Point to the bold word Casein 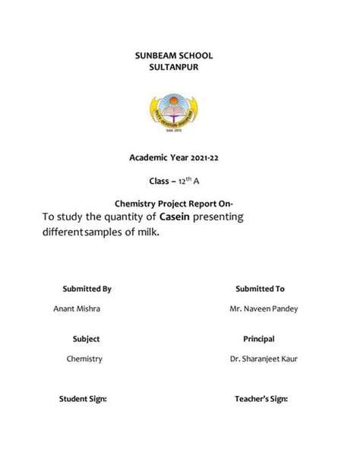click(175, 219)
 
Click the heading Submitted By click(87, 289)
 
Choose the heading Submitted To click(260, 289)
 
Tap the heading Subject click(86, 339)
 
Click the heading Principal click(258, 339)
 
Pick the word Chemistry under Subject click(84, 359)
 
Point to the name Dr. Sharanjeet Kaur click(264, 359)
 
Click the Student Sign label click(83, 398)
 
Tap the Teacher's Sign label click(261, 398)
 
